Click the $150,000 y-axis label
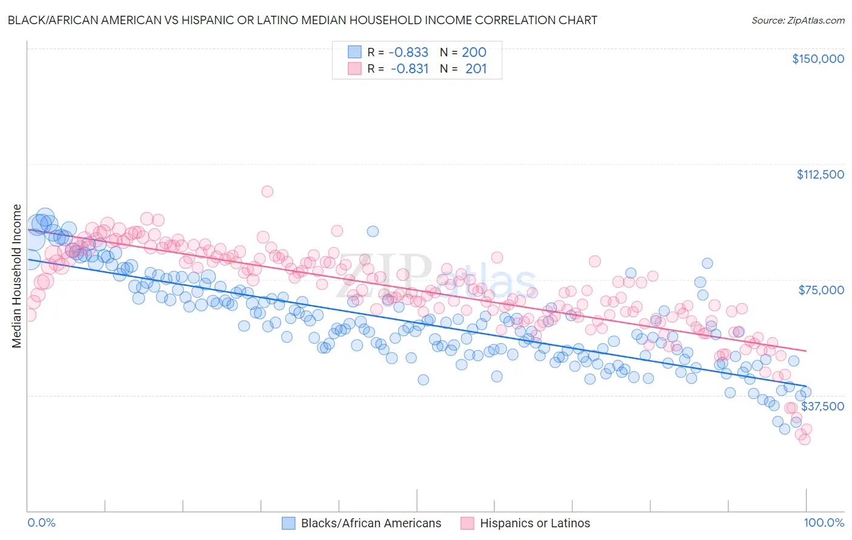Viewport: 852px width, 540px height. click(817, 59)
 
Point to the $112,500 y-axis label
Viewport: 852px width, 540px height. click(820, 174)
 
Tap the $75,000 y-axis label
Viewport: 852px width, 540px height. click(821, 290)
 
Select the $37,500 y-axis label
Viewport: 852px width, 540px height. click(822, 406)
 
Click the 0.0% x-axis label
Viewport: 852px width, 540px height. click(41, 523)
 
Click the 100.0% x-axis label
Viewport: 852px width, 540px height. click(824, 523)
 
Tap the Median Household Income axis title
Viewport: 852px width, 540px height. click(16, 276)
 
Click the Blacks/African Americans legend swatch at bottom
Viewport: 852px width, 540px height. click(288, 523)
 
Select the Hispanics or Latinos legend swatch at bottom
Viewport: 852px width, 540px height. click(467, 523)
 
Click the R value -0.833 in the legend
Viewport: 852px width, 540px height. click(408, 53)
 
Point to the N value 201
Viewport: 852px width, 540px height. click(476, 69)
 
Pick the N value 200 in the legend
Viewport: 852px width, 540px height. click(474, 53)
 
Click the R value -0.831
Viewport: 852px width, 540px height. click(409, 69)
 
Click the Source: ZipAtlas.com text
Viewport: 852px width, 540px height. click(797, 21)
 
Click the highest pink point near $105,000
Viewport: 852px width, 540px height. click(267, 191)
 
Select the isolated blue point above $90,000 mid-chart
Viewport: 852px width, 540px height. click(373, 231)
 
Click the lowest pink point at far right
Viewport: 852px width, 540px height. click(805, 439)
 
